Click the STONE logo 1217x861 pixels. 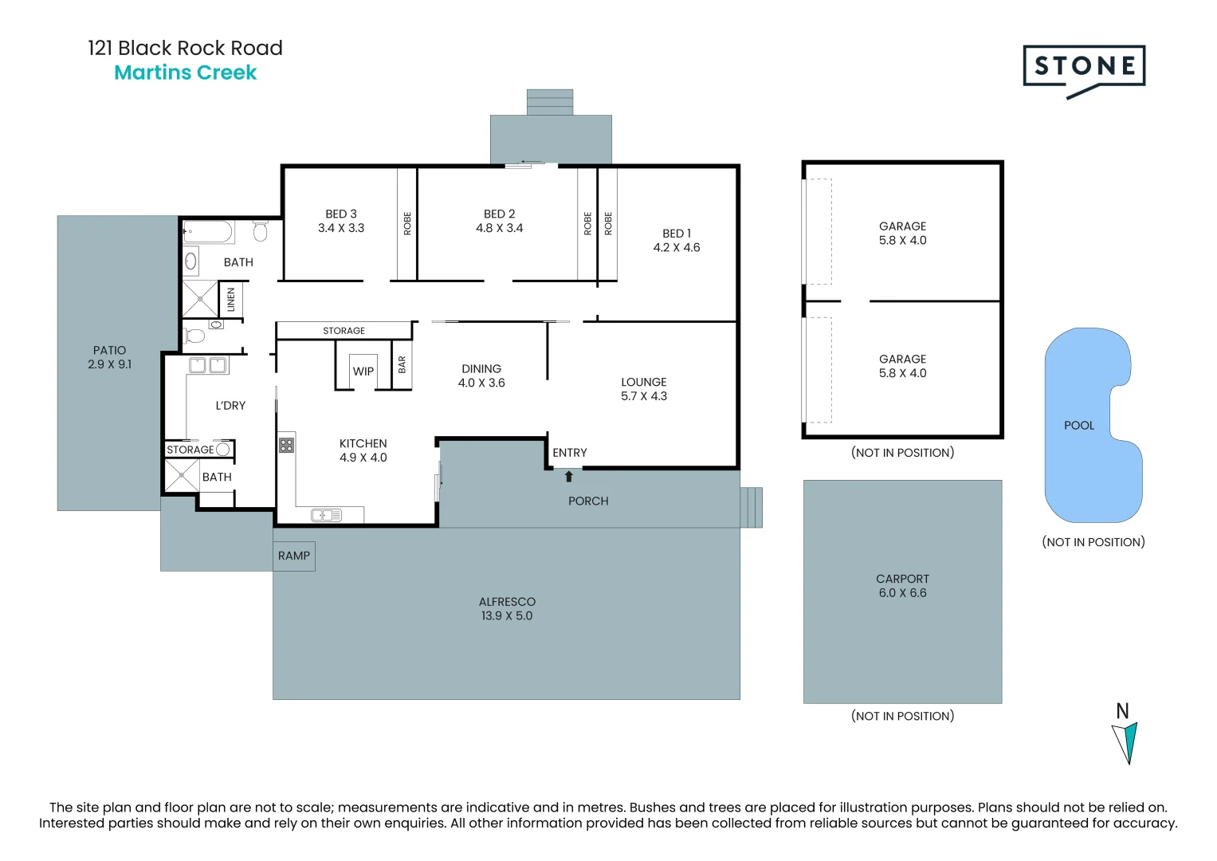click(1084, 67)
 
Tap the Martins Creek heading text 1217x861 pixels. click(186, 73)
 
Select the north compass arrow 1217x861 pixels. click(1125, 742)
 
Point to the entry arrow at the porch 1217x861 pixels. click(569, 477)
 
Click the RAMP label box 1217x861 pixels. click(294, 556)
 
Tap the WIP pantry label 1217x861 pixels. click(363, 372)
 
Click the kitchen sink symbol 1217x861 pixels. click(326, 515)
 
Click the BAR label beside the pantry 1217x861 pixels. click(402, 365)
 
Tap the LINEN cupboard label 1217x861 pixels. click(231, 300)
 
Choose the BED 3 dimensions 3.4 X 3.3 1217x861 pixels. click(341, 228)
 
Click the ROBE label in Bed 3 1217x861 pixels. click(407, 223)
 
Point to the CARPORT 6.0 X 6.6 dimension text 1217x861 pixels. click(902, 593)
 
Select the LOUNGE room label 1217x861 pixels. click(644, 382)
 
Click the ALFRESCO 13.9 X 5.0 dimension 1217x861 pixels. click(507, 615)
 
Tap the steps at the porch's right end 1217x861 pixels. click(751, 508)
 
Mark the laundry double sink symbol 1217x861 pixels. click(208, 366)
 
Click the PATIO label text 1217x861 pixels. click(109, 350)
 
